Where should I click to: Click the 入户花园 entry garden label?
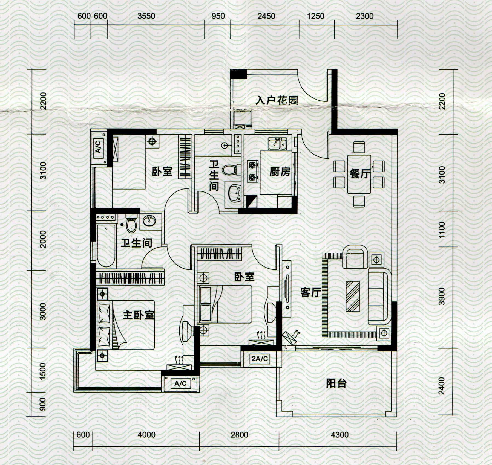pos(277,100)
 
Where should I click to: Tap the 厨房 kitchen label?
pos(280,172)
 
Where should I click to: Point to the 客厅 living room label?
pos(310,292)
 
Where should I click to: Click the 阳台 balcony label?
pos(336,383)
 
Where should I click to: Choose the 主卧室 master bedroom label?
pos(139,315)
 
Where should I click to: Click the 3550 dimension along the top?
pos(146,16)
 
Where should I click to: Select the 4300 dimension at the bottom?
pos(340,435)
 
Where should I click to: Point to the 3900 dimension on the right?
pos(442,296)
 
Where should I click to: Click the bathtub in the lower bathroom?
pos(106,246)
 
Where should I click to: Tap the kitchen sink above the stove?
pos(278,144)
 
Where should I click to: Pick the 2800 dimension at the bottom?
pos(239,435)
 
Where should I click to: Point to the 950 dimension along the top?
pos(218,16)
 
